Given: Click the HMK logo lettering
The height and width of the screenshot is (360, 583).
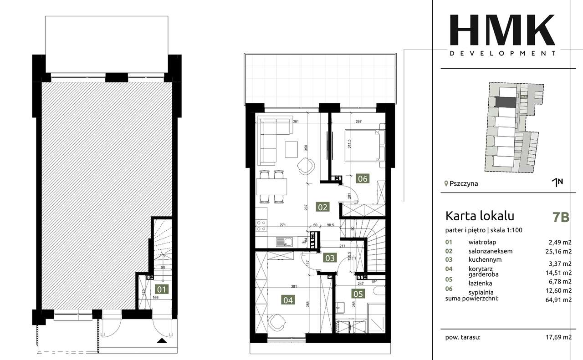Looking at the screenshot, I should click(x=502, y=30).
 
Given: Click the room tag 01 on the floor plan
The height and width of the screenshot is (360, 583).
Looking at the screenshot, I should click(x=162, y=288).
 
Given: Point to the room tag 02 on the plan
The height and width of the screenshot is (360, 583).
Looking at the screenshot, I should click(x=322, y=208).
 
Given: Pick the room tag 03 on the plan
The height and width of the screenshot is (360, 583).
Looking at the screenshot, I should click(x=329, y=258).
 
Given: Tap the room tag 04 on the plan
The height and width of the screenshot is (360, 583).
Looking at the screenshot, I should click(x=289, y=300).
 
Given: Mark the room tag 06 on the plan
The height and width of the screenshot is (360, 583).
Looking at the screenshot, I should click(x=363, y=178).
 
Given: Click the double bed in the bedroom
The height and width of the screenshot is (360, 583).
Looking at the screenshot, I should click(x=364, y=146).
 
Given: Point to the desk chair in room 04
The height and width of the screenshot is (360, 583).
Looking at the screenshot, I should click(x=276, y=324).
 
